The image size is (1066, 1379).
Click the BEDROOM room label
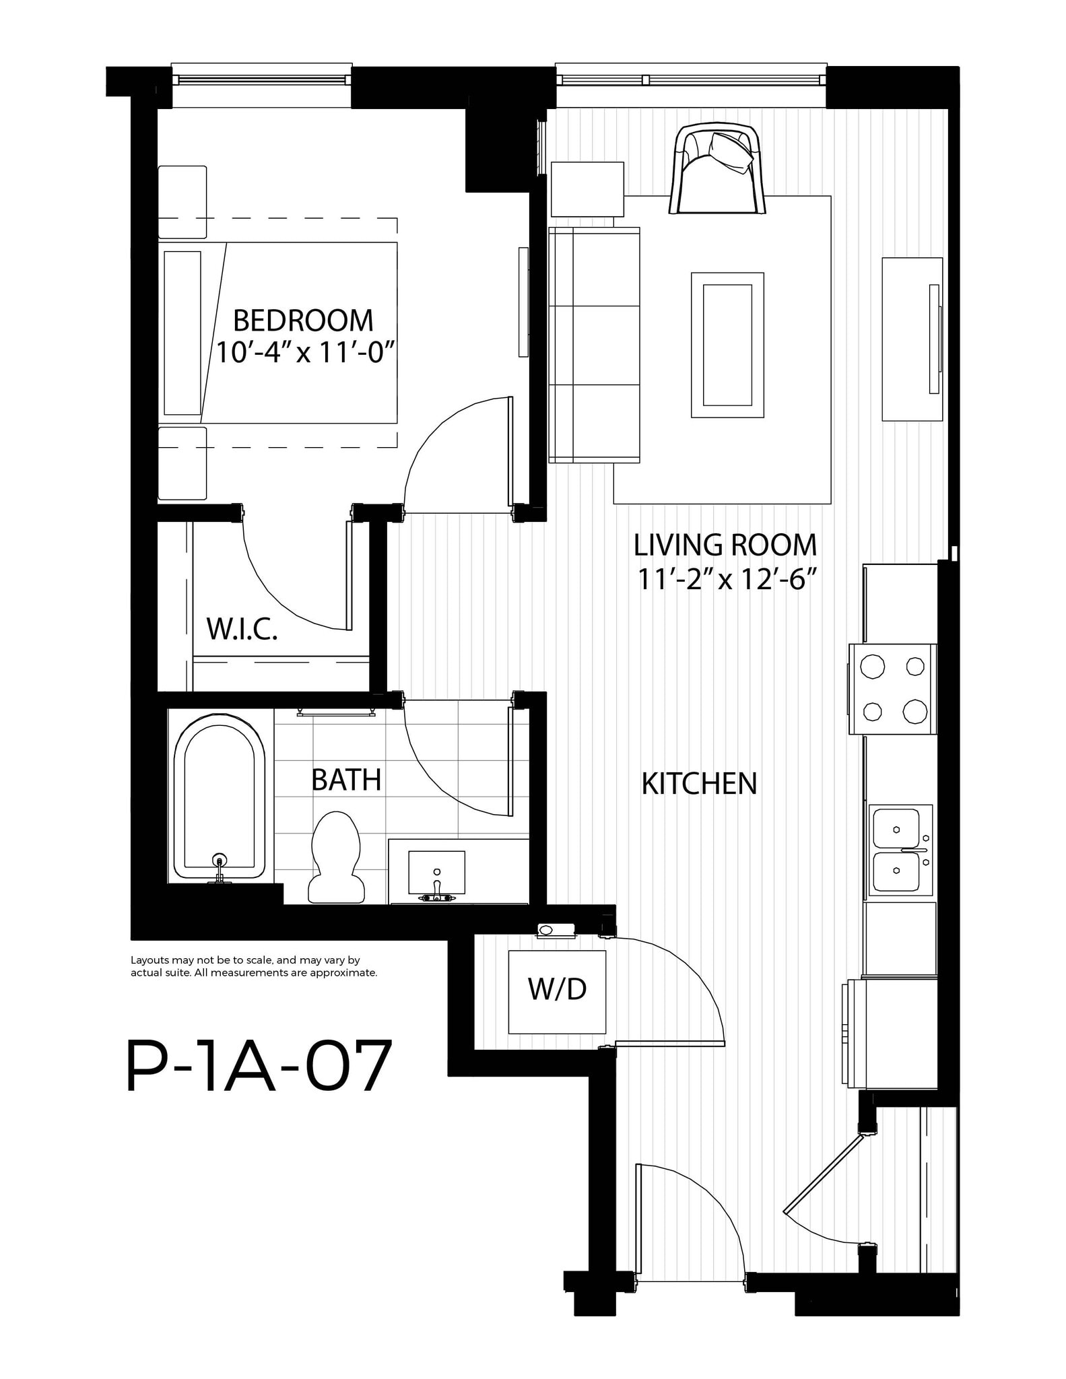303,321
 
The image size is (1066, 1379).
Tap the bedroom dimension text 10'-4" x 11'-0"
304,352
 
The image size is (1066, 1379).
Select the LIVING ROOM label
725,545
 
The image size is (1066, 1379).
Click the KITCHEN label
699,784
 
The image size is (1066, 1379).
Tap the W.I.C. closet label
242,629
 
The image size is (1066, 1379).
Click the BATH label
346,780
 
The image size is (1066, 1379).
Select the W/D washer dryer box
557,991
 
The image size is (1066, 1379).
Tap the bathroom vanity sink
436,873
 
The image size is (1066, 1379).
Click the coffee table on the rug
727,345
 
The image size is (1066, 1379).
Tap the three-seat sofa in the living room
594,345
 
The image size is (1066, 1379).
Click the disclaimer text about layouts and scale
254,967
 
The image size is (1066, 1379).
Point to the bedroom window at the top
261,79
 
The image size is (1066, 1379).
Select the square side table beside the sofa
587,189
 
